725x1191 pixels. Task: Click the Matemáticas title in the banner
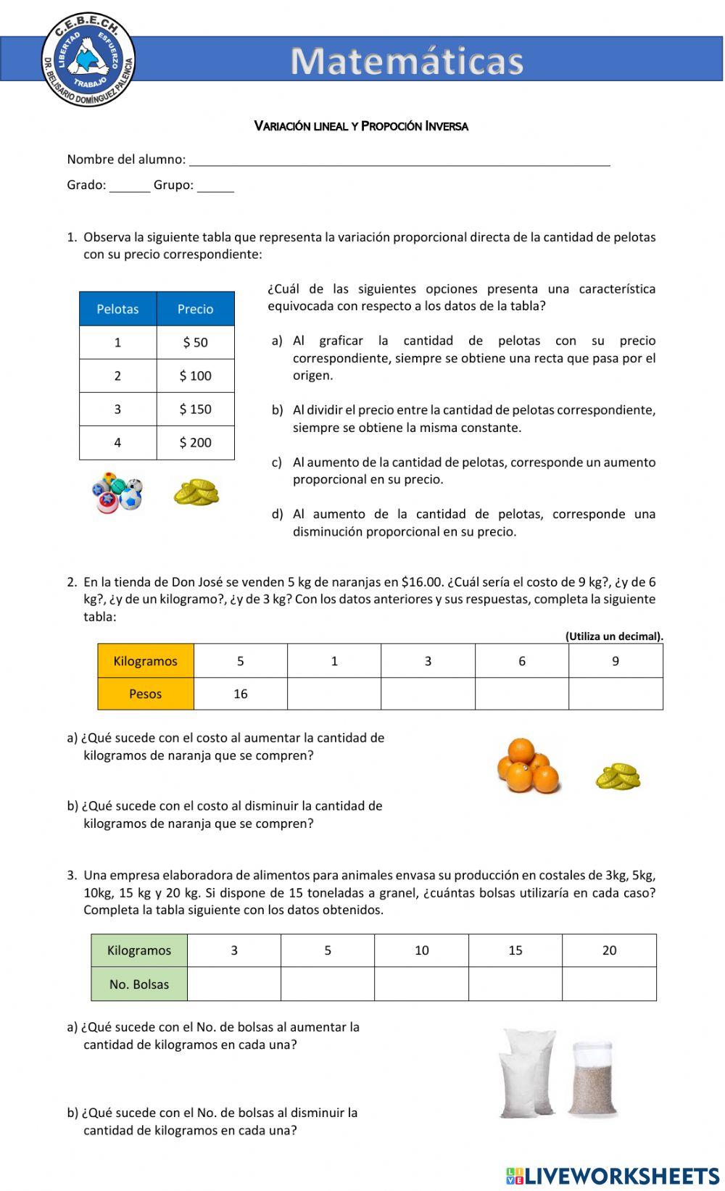(x=407, y=62)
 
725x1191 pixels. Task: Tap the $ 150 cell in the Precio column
(x=196, y=410)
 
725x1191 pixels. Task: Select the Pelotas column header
(x=117, y=309)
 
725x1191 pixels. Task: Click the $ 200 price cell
(x=196, y=443)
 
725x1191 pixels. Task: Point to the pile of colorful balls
(x=117, y=493)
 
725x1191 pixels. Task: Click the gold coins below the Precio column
(x=196, y=493)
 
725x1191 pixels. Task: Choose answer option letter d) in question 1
(x=277, y=515)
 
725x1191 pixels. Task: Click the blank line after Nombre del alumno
(x=399, y=161)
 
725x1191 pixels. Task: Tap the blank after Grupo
(x=215, y=186)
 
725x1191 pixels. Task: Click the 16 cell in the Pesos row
(x=241, y=694)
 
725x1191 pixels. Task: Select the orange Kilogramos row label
(x=146, y=661)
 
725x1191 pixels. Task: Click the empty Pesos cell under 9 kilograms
(x=616, y=694)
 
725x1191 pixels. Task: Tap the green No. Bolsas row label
(x=139, y=984)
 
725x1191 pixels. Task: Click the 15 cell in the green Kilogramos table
(x=515, y=950)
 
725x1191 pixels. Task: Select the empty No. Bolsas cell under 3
(x=234, y=984)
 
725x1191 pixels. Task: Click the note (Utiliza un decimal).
(x=614, y=636)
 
